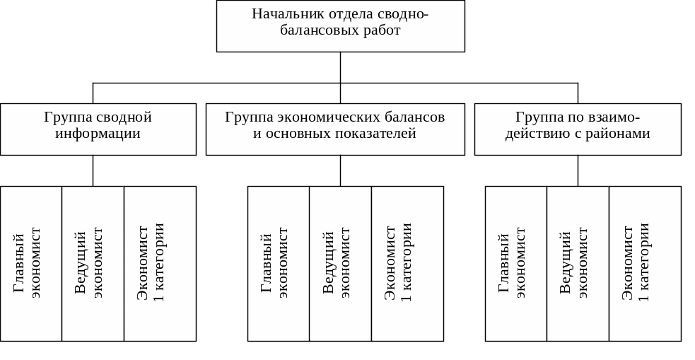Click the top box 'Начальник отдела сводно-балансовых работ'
[x=340, y=26]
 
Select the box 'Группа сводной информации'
[x=98, y=129]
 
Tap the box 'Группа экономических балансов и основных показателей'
[x=335, y=129]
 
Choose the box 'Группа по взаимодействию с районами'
[x=578, y=129]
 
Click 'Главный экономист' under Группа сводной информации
[x=31, y=263]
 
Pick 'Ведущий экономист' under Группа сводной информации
[x=93, y=263]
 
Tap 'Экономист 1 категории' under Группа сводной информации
[x=160, y=263]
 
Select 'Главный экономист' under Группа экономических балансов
[x=278, y=263]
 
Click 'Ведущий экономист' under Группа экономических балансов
[x=340, y=263]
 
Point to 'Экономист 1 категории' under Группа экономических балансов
[x=407, y=263]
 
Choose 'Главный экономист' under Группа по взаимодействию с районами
[x=515, y=263]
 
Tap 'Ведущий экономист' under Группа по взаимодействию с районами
[x=578, y=263]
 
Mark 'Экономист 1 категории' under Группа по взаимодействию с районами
[x=645, y=263]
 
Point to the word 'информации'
[x=98, y=134]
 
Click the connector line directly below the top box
[x=341, y=68]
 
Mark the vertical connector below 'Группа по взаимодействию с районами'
[x=578, y=170]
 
